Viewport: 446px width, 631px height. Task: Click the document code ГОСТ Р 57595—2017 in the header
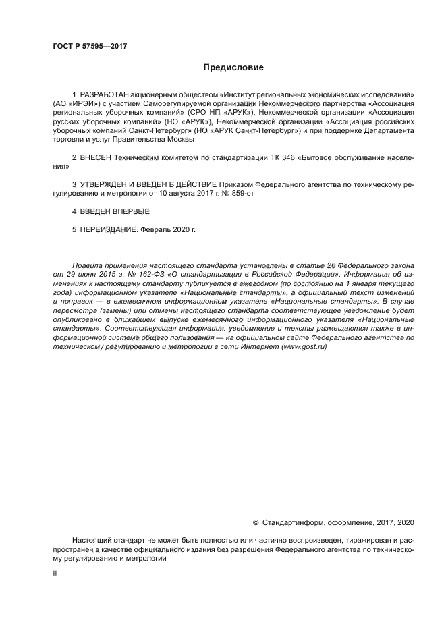coord(89,47)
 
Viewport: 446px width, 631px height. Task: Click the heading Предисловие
coord(233,67)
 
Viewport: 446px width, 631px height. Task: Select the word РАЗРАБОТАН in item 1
coord(101,93)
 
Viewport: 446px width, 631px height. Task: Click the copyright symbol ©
coord(256,522)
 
